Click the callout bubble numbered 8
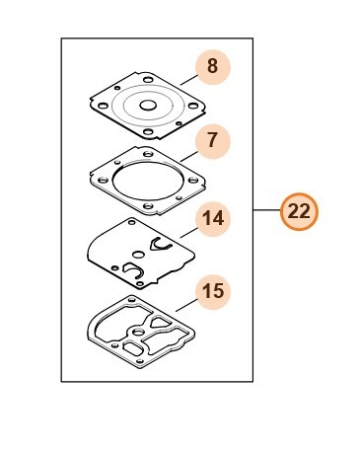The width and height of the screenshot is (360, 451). pos(213,67)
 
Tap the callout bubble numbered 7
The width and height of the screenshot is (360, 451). pos(213,141)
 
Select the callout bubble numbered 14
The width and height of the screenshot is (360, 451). pos(213,219)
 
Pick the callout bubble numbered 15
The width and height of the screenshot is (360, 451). pos(213,292)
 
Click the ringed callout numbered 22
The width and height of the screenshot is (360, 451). pos(299,211)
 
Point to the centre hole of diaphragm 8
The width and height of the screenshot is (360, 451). pos(148,106)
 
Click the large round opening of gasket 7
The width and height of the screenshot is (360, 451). pos(146,181)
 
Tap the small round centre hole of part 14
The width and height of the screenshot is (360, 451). pos(138,255)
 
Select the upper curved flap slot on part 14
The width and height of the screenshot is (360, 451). pos(161,245)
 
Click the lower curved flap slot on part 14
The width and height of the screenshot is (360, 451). pos(132,269)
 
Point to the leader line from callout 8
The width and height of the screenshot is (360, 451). pos(189,80)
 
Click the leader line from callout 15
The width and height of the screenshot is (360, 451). pos(186,305)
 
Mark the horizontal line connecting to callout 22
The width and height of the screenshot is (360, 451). pos(266,210)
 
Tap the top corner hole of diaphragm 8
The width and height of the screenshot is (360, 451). pos(148,79)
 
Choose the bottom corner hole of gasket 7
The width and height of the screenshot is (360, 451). pos(148,206)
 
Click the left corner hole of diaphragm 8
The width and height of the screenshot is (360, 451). pos(103,106)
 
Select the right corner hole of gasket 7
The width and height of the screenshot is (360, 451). pos(193,181)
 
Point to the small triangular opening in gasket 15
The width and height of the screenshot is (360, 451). pos(160,322)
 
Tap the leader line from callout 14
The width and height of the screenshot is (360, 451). pos(189,232)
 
